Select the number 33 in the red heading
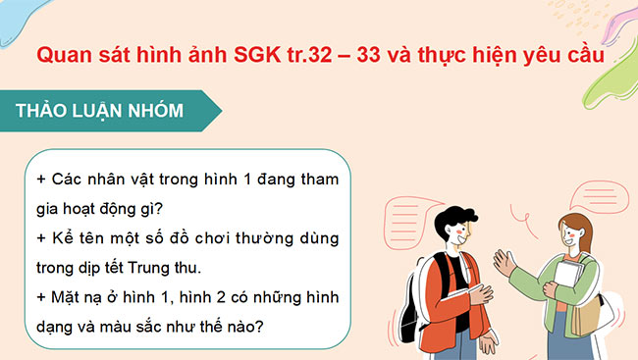[390, 56]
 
